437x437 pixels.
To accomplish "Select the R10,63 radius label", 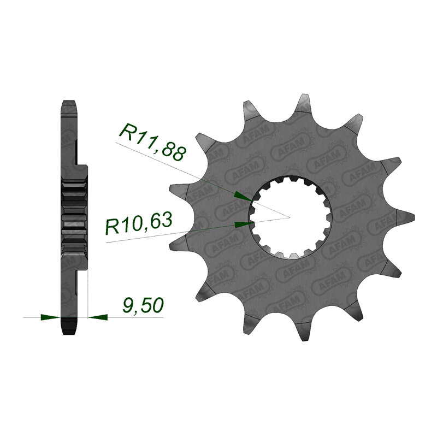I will point(139,223).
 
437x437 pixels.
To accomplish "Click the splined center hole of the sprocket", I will point(287,217).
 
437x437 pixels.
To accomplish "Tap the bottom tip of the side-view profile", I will point(68,333).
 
